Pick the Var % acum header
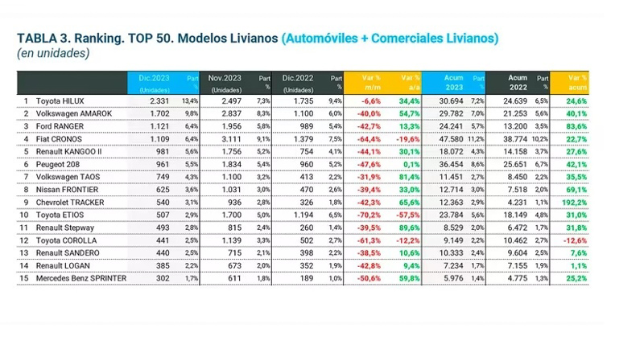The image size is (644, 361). (x=576, y=82)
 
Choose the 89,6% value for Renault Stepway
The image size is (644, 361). (x=409, y=228)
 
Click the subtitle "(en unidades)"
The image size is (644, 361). (x=53, y=54)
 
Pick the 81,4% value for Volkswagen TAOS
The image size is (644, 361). (x=409, y=177)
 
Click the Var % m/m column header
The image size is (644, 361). (x=370, y=82)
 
